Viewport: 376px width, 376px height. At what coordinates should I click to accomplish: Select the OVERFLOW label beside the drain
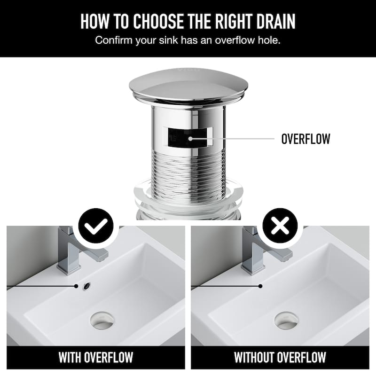click(306, 139)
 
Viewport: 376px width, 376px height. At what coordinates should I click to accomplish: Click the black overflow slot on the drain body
click(187, 137)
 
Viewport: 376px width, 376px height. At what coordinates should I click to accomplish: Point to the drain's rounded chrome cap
click(189, 86)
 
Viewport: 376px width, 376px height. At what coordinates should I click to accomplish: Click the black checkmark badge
click(96, 226)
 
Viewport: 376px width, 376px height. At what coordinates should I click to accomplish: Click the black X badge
click(280, 226)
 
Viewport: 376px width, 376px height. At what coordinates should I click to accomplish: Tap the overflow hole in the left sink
click(86, 286)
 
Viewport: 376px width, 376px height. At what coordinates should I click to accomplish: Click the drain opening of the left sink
click(102, 321)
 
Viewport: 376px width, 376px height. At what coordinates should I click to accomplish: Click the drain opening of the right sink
click(286, 321)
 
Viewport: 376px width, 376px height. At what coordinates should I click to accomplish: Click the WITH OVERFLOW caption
click(96, 358)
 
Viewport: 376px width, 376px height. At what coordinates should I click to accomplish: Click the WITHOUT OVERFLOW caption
click(280, 358)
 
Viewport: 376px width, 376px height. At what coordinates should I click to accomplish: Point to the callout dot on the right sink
click(260, 286)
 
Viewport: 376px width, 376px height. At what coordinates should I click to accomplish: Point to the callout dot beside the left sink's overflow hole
click(76, 286)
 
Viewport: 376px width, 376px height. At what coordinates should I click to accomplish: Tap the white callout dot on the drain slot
click(190, 139)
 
